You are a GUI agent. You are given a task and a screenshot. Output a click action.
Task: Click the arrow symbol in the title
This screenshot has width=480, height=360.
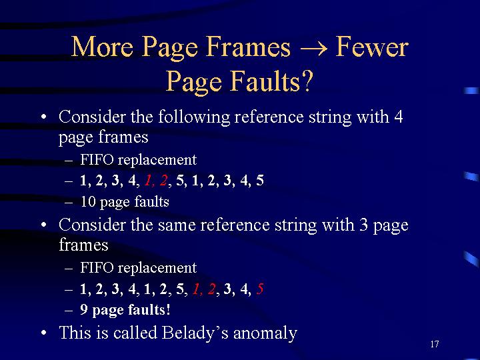tap(313, 48)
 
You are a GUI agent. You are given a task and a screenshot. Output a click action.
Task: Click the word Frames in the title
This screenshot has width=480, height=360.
tap(248, 47)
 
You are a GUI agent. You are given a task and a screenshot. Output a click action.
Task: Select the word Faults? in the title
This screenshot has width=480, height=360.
tap(272, 81)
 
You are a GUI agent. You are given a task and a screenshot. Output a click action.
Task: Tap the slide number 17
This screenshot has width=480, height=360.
tap(435, 344)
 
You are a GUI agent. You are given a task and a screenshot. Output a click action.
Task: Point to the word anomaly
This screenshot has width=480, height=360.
tap(265, 333)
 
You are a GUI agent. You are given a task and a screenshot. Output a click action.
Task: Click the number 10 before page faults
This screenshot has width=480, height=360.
tap(88, 202)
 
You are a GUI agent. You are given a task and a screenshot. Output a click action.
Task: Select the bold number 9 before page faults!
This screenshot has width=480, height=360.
tap(84, 309)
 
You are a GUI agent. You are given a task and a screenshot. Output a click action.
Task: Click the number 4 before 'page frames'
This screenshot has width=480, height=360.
tap(399, 117)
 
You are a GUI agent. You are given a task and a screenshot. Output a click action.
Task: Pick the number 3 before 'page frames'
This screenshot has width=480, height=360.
tap(364, 225)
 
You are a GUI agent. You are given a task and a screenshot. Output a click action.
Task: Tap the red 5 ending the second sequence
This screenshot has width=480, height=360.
tap(260, 289)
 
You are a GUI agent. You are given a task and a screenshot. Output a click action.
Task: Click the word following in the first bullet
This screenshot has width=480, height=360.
tap(194, 117)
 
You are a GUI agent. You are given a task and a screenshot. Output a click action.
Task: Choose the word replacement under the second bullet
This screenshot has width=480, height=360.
tap(157, 269)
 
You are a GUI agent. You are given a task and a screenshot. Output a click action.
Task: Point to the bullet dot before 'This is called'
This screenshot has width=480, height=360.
tap(44, 333)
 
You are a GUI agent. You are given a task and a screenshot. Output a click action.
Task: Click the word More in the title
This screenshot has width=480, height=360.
tap(102, 47)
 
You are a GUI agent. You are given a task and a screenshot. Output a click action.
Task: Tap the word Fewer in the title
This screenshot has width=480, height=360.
tap(372, 47)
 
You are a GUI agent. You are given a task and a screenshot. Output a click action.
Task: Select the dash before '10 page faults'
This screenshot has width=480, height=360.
tap(69, 203)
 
